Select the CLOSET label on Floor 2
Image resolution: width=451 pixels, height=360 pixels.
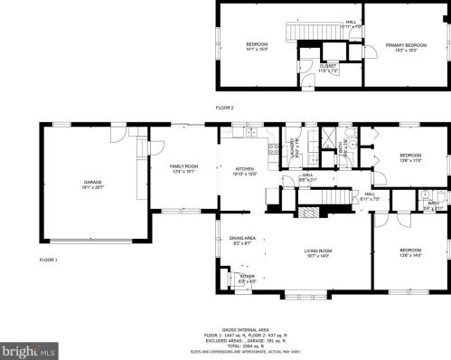329,65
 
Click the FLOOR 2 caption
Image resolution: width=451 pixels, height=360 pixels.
224,108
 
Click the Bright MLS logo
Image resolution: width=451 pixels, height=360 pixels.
29,348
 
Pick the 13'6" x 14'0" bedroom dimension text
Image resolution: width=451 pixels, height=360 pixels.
410,255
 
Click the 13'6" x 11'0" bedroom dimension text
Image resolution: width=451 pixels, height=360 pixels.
411,160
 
